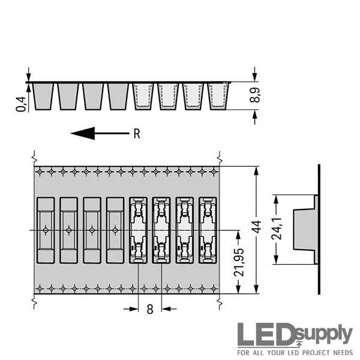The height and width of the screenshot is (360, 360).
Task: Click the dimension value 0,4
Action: (21, 104)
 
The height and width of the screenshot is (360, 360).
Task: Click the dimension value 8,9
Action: (254, 95)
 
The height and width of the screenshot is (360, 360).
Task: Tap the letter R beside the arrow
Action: (137, 134)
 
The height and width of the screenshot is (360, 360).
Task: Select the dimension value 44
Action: (257, 227)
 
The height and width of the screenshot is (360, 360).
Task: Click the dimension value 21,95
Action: (239, 262)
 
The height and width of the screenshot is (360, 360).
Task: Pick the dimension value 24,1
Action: (277, 229)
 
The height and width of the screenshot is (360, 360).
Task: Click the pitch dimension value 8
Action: (150, 309)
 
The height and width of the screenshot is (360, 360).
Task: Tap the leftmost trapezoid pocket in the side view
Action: (43, 97)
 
